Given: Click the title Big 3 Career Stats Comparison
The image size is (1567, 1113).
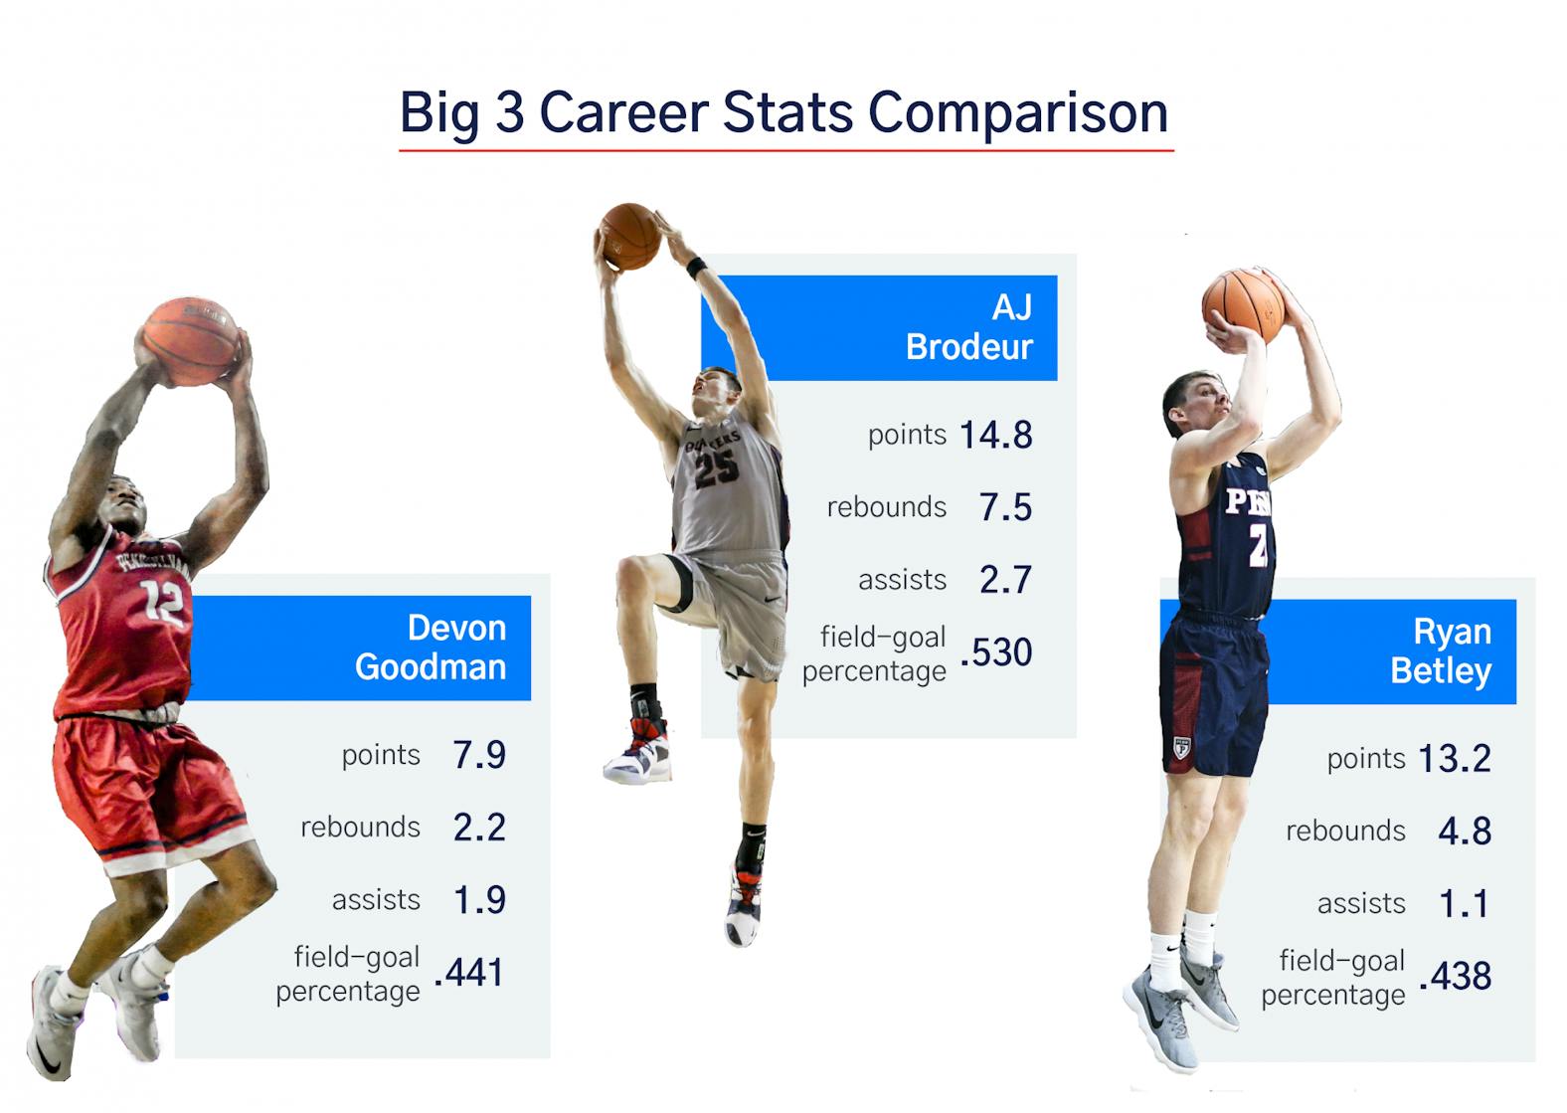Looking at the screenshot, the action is pyautogui.click(x=784, y=112).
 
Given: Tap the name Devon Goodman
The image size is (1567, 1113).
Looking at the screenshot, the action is pyautogui.click(x=431, y=648).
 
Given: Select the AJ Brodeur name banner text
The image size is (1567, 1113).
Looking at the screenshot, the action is pyautogui.click(x=969, y=327).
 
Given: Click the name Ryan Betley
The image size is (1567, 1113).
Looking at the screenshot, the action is pyautogui.click(x=1441, y=651).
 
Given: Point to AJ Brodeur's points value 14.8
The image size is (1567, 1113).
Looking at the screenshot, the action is pyautogui.click(x=996, y=435).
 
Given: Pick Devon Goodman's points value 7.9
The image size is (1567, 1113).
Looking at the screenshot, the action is pyautogui.click(x=479, y=755).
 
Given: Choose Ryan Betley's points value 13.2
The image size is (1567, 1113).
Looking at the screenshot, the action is pyautogui.click(x=1455, y=759).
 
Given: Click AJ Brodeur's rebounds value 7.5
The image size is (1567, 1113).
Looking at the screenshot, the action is pyautogui.click(x=1005, y=507).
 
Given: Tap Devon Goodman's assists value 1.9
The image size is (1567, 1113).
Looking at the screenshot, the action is pyautogui.click(x=480, y=899).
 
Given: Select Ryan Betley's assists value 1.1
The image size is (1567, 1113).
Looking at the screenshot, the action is pyautogui.click(x=1464, y=904).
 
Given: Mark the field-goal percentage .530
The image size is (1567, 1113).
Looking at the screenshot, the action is pyautogui.click(x=996, y=652).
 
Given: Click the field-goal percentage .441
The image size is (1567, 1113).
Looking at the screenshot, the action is pyautogui.click(x=468, y=973).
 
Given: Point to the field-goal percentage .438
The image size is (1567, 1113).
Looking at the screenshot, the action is pyautogui.click(x=1455, y=976).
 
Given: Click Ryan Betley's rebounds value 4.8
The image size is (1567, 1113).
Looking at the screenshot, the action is pyautogui.click(x=1465, y=831).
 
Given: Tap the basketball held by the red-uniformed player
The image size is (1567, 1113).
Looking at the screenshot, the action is pyautogui.click(x=191, y=341).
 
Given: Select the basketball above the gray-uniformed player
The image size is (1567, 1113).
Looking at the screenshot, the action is pyautogui.click(x=630, y=237).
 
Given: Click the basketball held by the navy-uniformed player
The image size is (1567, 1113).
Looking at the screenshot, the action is pyautogui.click(x=1244, y=306).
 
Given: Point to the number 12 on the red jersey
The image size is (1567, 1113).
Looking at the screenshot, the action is pyautogui.click(x=163, y=602).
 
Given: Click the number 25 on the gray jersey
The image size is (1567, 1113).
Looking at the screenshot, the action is pyautogui.click(x=717, y=468).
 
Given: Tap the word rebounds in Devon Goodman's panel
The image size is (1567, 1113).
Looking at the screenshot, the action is pyautogui.click(x=360, y=828).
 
